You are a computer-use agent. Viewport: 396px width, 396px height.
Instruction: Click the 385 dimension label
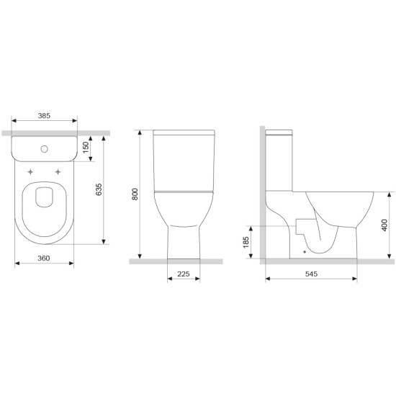[x=44, y=116]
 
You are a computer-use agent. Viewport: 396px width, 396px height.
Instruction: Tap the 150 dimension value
[x=86, y=147]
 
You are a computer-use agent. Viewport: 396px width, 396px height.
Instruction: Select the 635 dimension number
[x=99, y=189]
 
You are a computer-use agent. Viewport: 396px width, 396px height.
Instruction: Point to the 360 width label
[x=44, y=258]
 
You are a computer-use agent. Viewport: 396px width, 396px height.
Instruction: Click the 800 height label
[x=135, y=194]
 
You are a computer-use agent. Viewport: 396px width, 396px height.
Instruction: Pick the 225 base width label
[x=184, y=274]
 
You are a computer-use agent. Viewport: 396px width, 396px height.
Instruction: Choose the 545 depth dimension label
[x=311, y=274]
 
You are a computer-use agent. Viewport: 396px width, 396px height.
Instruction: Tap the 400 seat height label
[x=384, y=225]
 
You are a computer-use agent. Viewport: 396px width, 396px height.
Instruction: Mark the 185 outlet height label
[x=246, y=243]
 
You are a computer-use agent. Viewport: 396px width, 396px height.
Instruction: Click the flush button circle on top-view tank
[x=44, y=149]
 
